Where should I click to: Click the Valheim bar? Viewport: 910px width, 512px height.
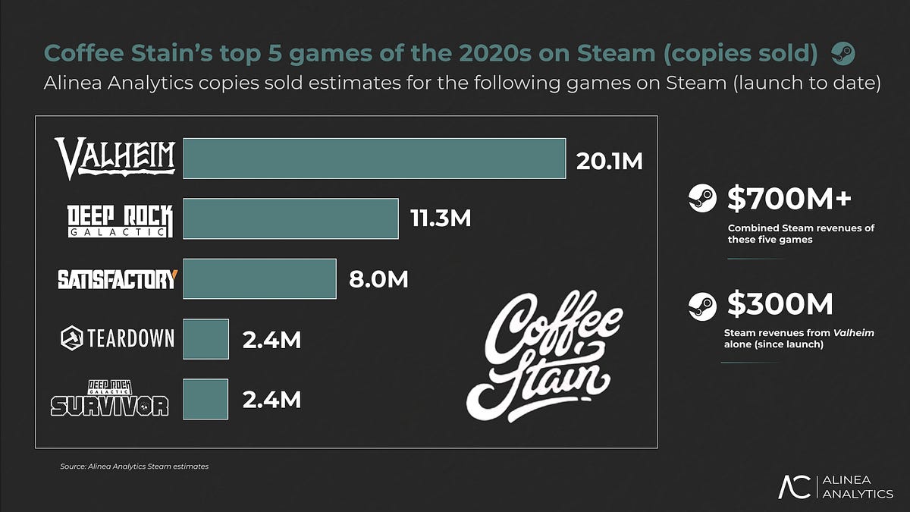click(375, 159)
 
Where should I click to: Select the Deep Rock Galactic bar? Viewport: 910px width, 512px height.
click(290, 218)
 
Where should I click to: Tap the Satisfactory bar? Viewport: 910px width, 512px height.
click(259, 278)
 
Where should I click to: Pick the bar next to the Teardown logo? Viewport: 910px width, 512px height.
click(206, 338)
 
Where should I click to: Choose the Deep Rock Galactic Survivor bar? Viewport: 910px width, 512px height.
click(206, 398)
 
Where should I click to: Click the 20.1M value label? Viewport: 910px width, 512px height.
click(609, 161)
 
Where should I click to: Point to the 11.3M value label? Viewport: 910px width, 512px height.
click(441, 220)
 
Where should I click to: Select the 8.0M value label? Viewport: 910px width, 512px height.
click(378, 280)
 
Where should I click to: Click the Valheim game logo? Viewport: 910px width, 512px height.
click(115, 159)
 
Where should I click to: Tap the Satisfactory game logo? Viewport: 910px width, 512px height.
click(117, 279)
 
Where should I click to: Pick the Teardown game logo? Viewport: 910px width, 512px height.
click(117, 338)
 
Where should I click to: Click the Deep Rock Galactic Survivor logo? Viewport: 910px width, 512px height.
click(109, 398)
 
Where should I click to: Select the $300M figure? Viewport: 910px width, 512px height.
click(780, 304)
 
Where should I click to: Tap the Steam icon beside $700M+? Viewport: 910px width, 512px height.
click(701, 199)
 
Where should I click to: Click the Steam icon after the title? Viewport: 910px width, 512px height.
click(843, 54)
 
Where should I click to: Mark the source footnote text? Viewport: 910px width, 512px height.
click(134, 466)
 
